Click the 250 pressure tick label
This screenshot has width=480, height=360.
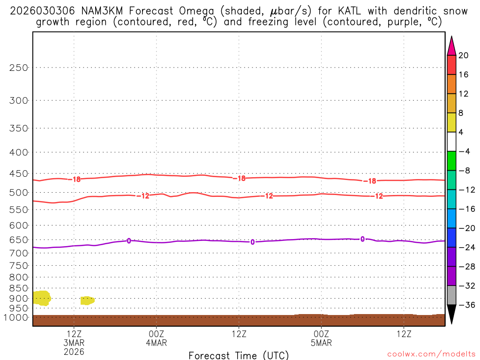(19, 67)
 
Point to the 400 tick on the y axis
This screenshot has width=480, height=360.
(19, 152)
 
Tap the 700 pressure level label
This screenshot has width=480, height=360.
(19, 253)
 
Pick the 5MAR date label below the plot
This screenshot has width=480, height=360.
(321, 343)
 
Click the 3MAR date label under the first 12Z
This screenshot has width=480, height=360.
(74, 343)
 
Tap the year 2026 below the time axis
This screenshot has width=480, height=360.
(74, 351)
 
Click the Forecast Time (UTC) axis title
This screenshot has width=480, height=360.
(239, 355)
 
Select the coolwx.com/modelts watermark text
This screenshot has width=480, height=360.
(427, 355)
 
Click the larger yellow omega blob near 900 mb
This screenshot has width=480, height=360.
(41, 298)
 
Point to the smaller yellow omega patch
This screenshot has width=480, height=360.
(87, 300)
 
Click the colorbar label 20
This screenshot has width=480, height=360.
(464, 55)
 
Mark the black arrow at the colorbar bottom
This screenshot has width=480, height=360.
(451, 315)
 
